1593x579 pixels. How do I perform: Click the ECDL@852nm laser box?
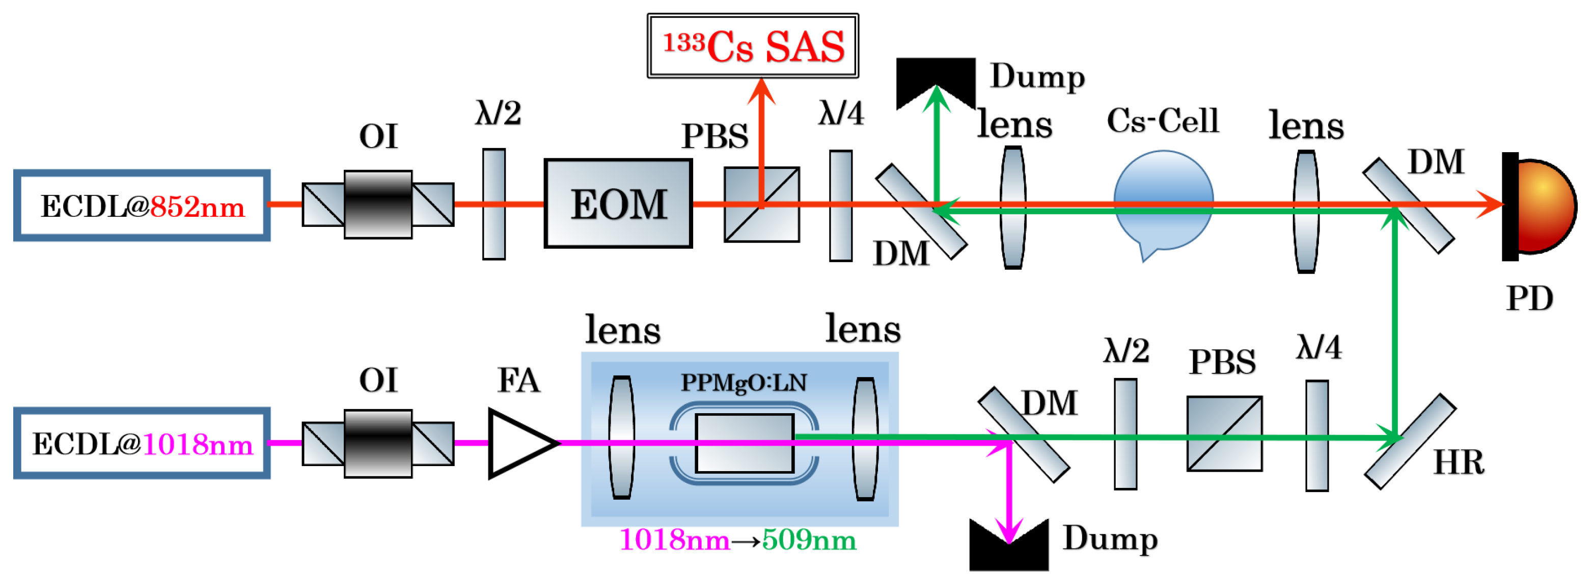pyautogui.click(x=142, y=206)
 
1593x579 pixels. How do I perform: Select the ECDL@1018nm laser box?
pyautogui.click(x=142, y=443)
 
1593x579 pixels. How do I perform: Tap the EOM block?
pyautogui.click(x=618, y=204)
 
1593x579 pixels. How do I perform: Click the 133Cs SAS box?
pyautogui.click(x=753, y=46)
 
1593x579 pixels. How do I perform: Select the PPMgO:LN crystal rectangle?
pyautogui.click(x=744, y=443)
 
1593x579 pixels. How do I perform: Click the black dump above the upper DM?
pyautogui.click(x=936, y=77)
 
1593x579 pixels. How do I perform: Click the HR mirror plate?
pyautogui.click(x=1410, y=441)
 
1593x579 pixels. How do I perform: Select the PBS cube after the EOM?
pyautogui.click(x=762, y=204)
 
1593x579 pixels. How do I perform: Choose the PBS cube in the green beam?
pyautogui.click(x=1224, y=434)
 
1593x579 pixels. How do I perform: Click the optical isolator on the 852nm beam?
pyautogui.click(x=378, y=204)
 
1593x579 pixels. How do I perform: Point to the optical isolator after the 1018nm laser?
pyautogui.click(x=378, y=443)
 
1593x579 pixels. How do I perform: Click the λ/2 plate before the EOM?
pyautogui.click(x=493, y=204)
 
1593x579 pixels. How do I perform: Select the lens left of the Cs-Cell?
pyautogui.click(x=1013, y=207)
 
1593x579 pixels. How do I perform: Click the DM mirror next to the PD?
pyautogui.click(x=1408, y=206)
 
